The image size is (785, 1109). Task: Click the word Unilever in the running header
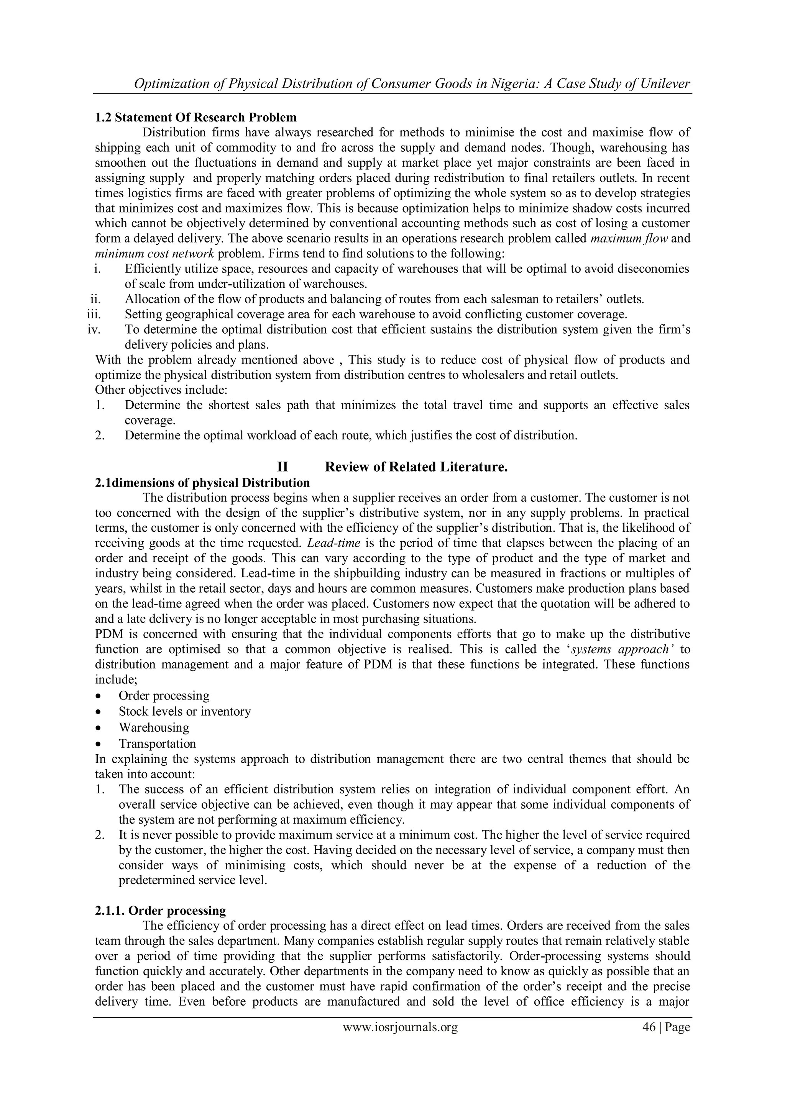(665, 84)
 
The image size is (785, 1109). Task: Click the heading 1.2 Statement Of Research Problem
(196, 117)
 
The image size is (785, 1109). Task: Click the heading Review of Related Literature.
(416, 467)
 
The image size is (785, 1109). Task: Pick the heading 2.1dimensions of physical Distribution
(202, 483)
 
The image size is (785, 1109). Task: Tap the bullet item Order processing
(164, 696)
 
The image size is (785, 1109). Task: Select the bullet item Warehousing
(154, 727)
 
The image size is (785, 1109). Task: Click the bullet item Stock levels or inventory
(185, 711)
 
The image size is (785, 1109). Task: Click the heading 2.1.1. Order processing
(161, 911)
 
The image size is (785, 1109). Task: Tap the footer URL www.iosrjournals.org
(400, 1040)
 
